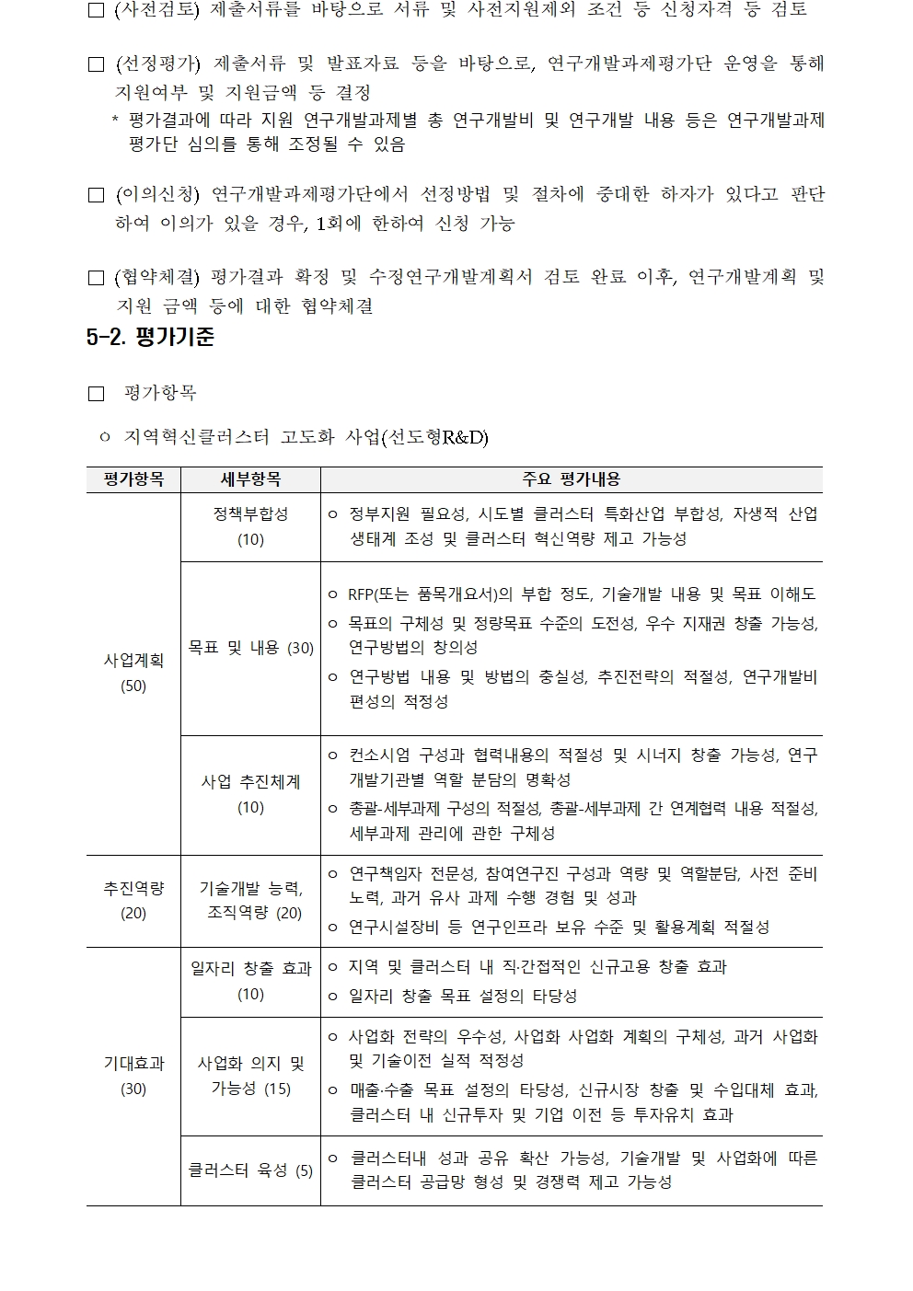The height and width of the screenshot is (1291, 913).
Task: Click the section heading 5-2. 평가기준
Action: coord(150,338)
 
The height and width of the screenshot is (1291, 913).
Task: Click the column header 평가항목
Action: coord(133,479)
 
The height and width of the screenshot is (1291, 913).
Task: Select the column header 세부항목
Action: coord(250,479)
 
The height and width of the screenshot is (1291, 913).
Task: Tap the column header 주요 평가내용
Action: coord(571,479)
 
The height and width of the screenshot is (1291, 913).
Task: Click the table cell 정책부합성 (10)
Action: coord(250,526)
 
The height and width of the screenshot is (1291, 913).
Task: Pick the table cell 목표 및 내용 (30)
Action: coord(250,648)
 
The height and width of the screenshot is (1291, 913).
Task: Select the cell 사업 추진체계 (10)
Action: coord(250,794)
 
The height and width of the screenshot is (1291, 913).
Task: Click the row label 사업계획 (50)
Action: coord(133,673)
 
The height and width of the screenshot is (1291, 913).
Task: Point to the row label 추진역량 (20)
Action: coord(133,900)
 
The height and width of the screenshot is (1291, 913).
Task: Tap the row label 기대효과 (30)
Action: coord(133,1076)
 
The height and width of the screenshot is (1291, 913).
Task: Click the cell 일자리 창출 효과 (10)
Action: coord(250,981)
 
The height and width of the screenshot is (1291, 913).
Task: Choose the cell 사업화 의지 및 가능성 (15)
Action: coord(250,1076)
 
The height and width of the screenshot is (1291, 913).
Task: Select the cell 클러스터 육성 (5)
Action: coord(250,1170)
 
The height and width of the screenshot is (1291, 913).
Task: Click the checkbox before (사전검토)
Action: coord(96,10)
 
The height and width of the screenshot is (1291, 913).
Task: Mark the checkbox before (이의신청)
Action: coord(96,195)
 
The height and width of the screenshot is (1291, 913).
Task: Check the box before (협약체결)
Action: coord(96,278)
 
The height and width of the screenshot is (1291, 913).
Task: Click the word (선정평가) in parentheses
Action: coord(157,63)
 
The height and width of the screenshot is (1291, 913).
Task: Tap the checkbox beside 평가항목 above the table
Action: coord(96,394)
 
